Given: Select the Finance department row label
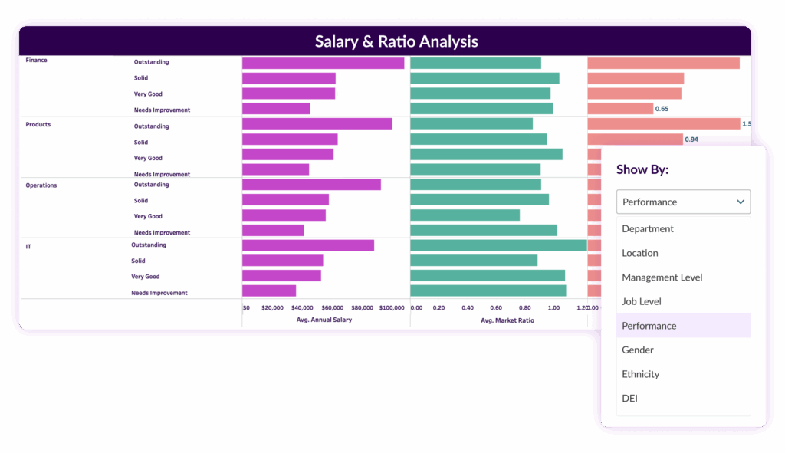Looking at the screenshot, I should click(37, 60).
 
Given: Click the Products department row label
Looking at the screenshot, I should click(38, 124).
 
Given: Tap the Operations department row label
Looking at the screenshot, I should click(41, 185).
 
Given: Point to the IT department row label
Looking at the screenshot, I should click(28, 247).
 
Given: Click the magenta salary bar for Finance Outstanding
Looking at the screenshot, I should click(323, 63).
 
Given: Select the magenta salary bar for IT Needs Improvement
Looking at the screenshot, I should click(269, 291).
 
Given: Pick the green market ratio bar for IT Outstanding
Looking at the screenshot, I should click(498, 245).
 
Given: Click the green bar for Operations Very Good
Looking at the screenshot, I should click(465, 215).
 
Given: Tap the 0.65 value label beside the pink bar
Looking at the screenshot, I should click(662, 109).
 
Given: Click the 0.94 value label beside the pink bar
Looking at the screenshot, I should click(691, 140).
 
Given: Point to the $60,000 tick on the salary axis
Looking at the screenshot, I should click(332, 308).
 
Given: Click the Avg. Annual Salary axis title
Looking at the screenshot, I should click(324, 320).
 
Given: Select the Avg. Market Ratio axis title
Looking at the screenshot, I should click(507, 320).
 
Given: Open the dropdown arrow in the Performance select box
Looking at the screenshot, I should click(741, 202).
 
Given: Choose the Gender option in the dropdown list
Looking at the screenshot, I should click(638, 350).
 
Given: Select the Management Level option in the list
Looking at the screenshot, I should click(662, 277).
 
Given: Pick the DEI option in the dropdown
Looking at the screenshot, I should click(629, 398).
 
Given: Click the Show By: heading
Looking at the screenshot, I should click(642, 169).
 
